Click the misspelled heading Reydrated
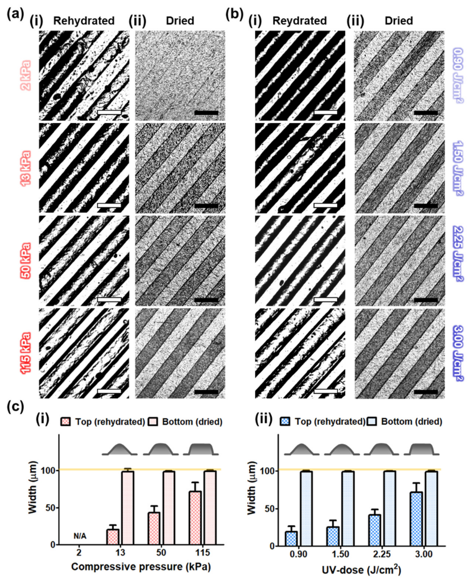[300, 21]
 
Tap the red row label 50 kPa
[27, 261]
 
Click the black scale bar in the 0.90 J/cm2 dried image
[426, 112]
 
